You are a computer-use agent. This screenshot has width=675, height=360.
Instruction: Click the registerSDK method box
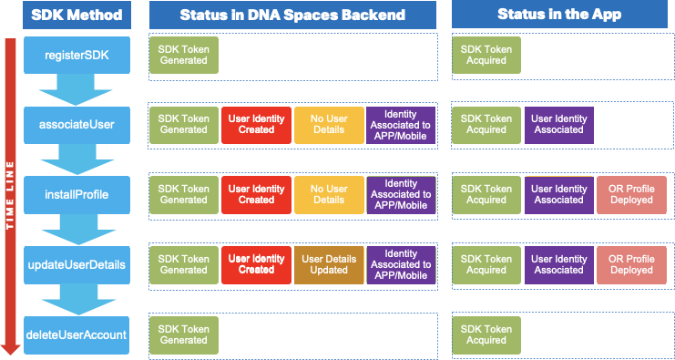77,56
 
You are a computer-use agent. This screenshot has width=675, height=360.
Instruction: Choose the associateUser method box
77,125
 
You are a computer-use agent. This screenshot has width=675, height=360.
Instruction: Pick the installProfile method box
77,194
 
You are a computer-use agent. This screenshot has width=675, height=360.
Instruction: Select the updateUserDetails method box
77,264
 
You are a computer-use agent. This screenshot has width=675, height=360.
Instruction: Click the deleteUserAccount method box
77,334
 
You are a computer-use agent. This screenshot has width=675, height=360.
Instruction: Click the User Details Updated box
329,264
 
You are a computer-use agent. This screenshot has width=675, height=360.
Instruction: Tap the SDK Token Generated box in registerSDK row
184,56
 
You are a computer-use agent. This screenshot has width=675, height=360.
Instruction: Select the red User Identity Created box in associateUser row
256,125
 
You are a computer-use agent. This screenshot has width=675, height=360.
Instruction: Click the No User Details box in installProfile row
329,194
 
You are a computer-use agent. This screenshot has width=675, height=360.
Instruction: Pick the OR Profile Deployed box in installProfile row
631,194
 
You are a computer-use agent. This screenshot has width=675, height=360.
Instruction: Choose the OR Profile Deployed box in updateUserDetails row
631,264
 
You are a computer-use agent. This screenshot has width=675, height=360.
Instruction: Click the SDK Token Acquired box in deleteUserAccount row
486,334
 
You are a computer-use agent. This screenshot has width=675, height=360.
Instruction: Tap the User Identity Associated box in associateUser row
558,125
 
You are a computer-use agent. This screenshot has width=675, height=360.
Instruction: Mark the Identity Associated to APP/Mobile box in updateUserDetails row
401,264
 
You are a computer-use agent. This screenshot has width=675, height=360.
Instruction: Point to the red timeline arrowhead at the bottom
10,347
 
